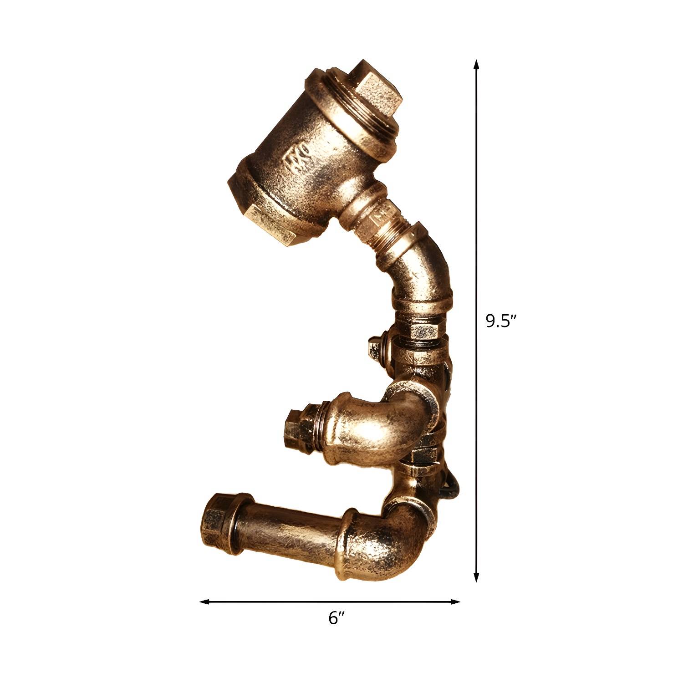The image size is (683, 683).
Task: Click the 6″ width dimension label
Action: tap(336, 618)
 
